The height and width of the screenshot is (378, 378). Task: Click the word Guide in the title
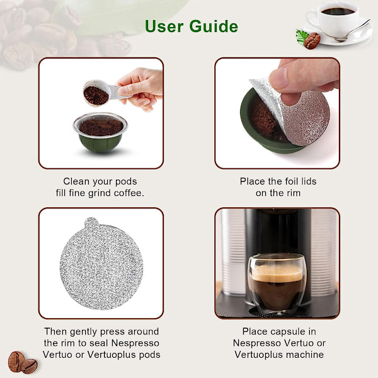[214, 26]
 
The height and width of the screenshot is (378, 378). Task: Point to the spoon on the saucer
[352, 31]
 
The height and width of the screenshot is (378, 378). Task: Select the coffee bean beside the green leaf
[312, 41]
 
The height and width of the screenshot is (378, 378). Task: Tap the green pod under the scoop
[100, 132]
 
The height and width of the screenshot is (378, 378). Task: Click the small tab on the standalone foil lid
[91, 222]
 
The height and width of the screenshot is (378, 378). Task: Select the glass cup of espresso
[277, 283]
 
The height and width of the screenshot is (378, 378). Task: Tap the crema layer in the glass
[277, 273]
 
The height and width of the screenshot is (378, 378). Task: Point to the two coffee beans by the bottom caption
[23, 362]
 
